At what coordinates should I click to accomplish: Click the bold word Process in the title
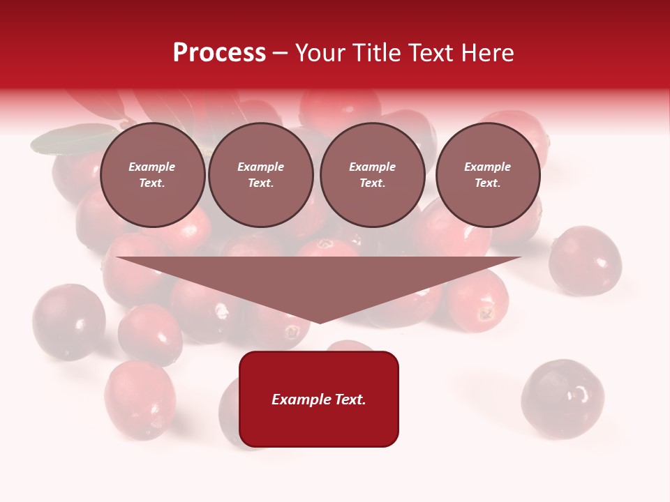click(219, 53)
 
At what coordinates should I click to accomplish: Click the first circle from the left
click(152, 175)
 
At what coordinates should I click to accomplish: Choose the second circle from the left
click(261, 175)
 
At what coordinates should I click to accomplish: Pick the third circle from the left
click(373, 175)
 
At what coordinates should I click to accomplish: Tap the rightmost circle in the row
click(488, 175)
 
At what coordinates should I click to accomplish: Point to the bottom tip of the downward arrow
click(320, 322)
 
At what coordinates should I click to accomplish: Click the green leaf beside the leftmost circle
click(70, 139)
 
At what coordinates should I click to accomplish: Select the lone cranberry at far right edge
click(585, 261)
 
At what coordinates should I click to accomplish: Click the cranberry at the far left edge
click(68, 321)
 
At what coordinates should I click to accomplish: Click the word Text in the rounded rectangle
click(350, 400)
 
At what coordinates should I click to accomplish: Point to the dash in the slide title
click(281, 53)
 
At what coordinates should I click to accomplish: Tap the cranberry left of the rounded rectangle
click(140, 399)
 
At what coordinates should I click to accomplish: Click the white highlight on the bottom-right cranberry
click(579, 396)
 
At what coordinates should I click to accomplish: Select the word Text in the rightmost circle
click(487, 183)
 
